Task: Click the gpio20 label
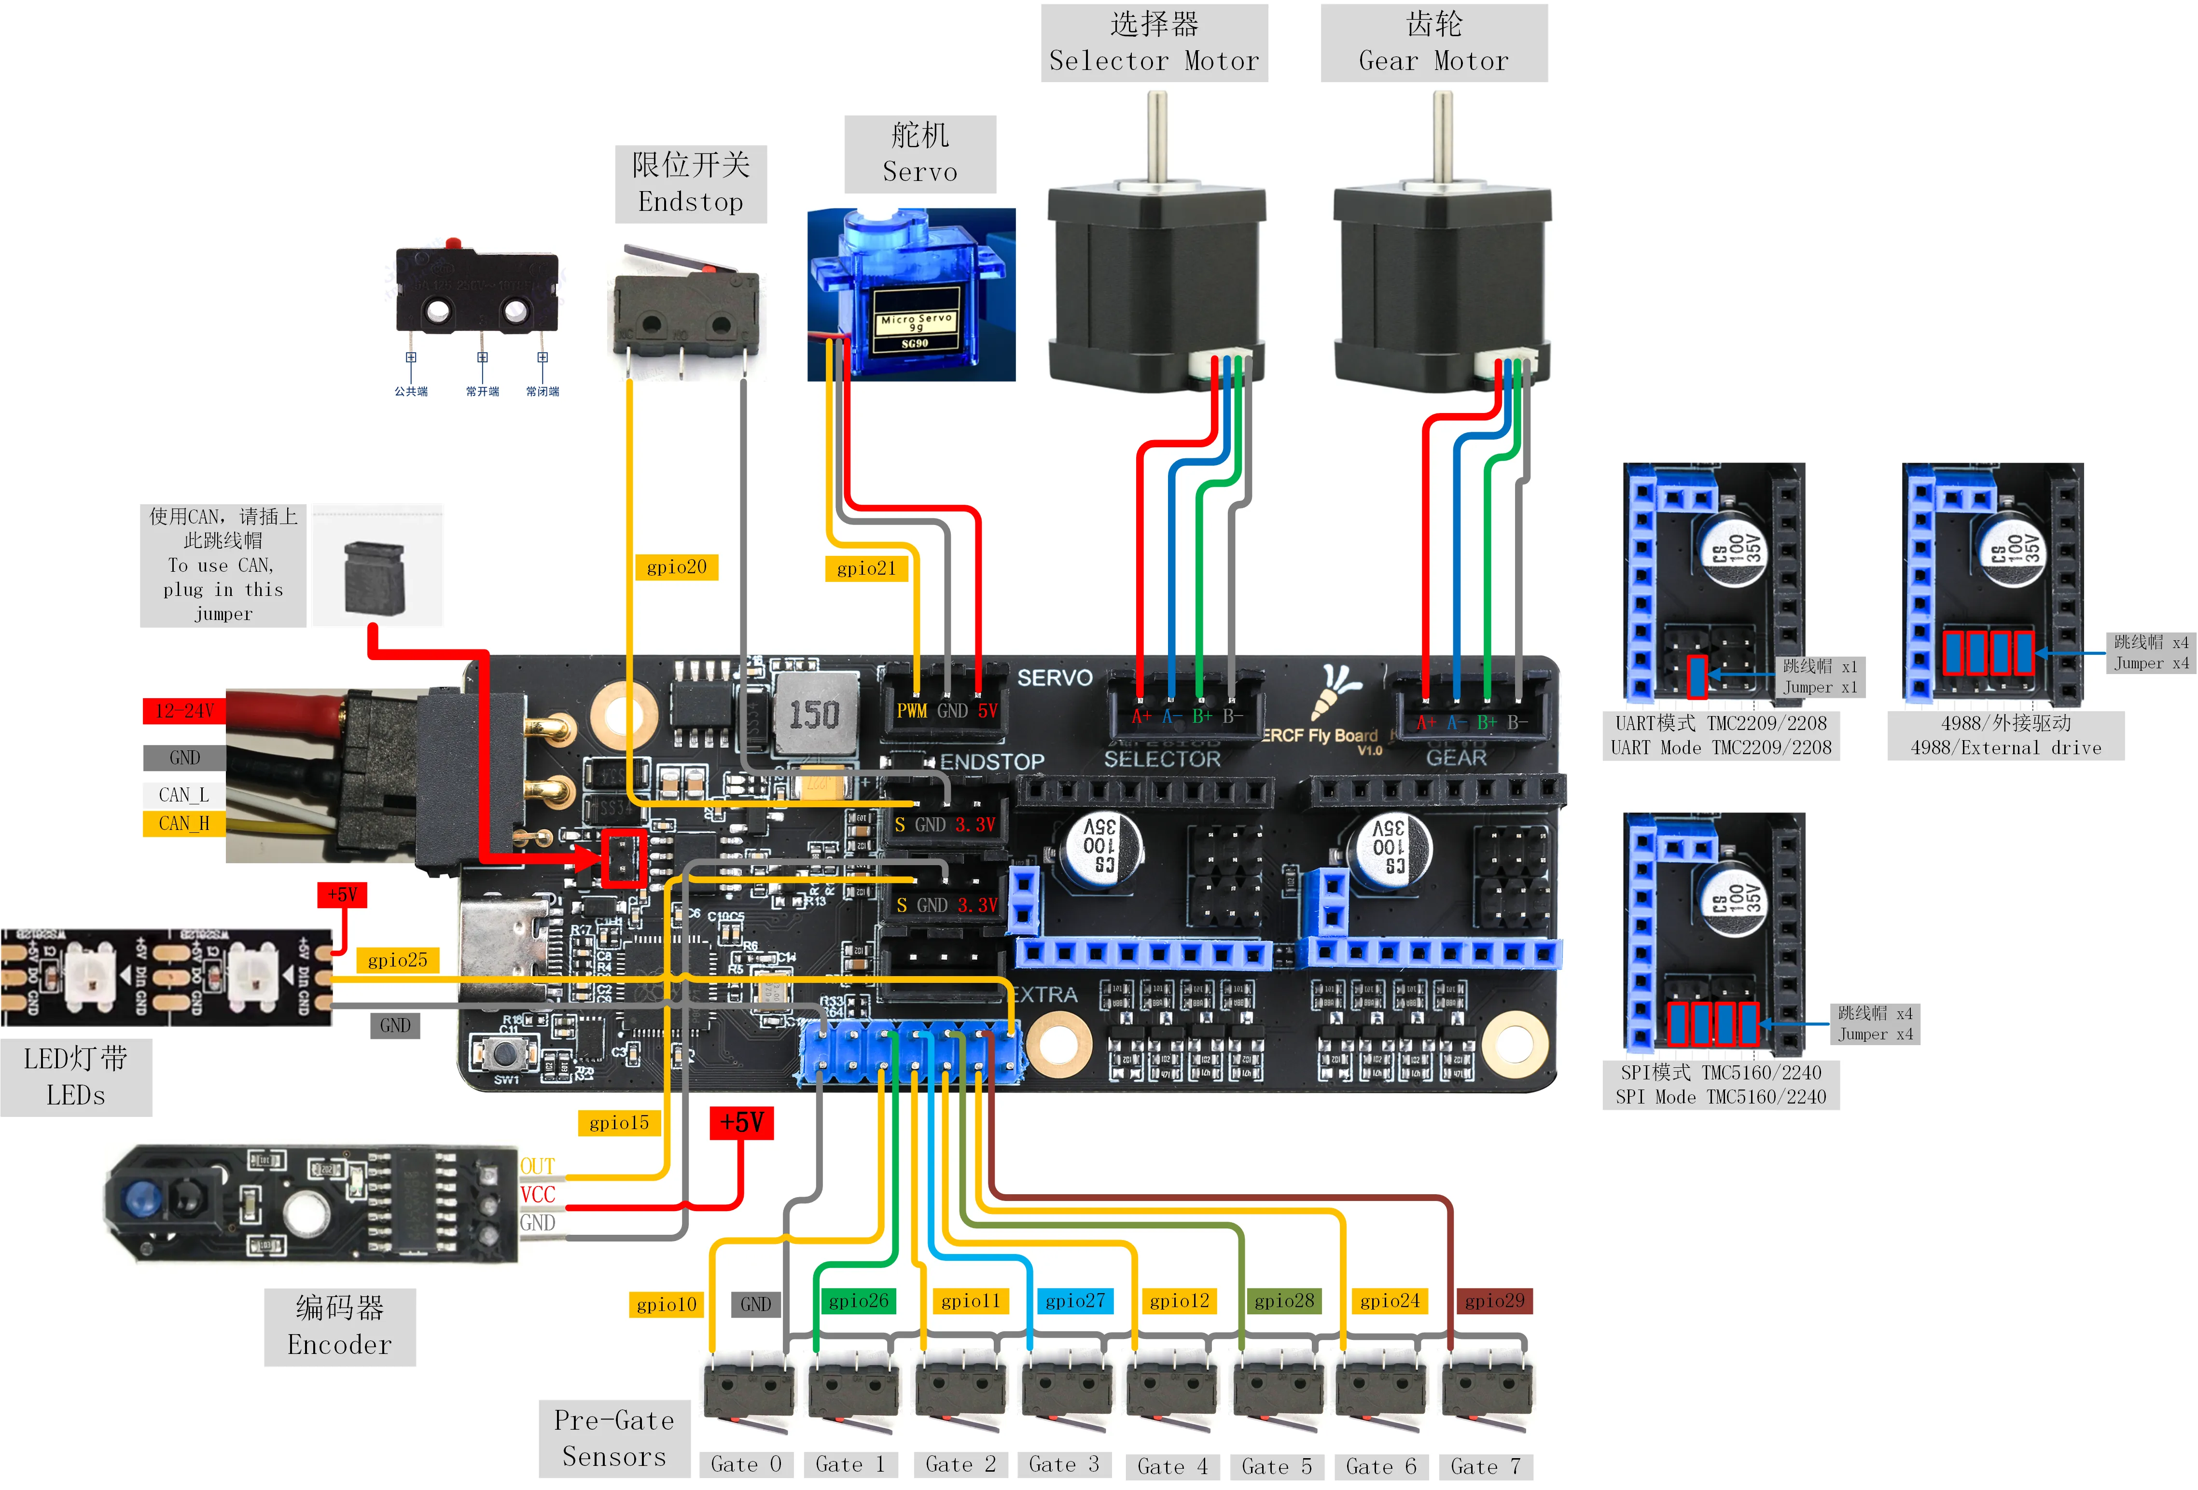[x=676, y=567]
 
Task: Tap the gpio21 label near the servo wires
[x=865, y=568]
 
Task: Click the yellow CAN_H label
[x=183, y=824]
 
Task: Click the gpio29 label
[x=1494, y=1301]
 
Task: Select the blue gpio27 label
[x=1075, y=1301]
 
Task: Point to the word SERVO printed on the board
[x=1055, y=678]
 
